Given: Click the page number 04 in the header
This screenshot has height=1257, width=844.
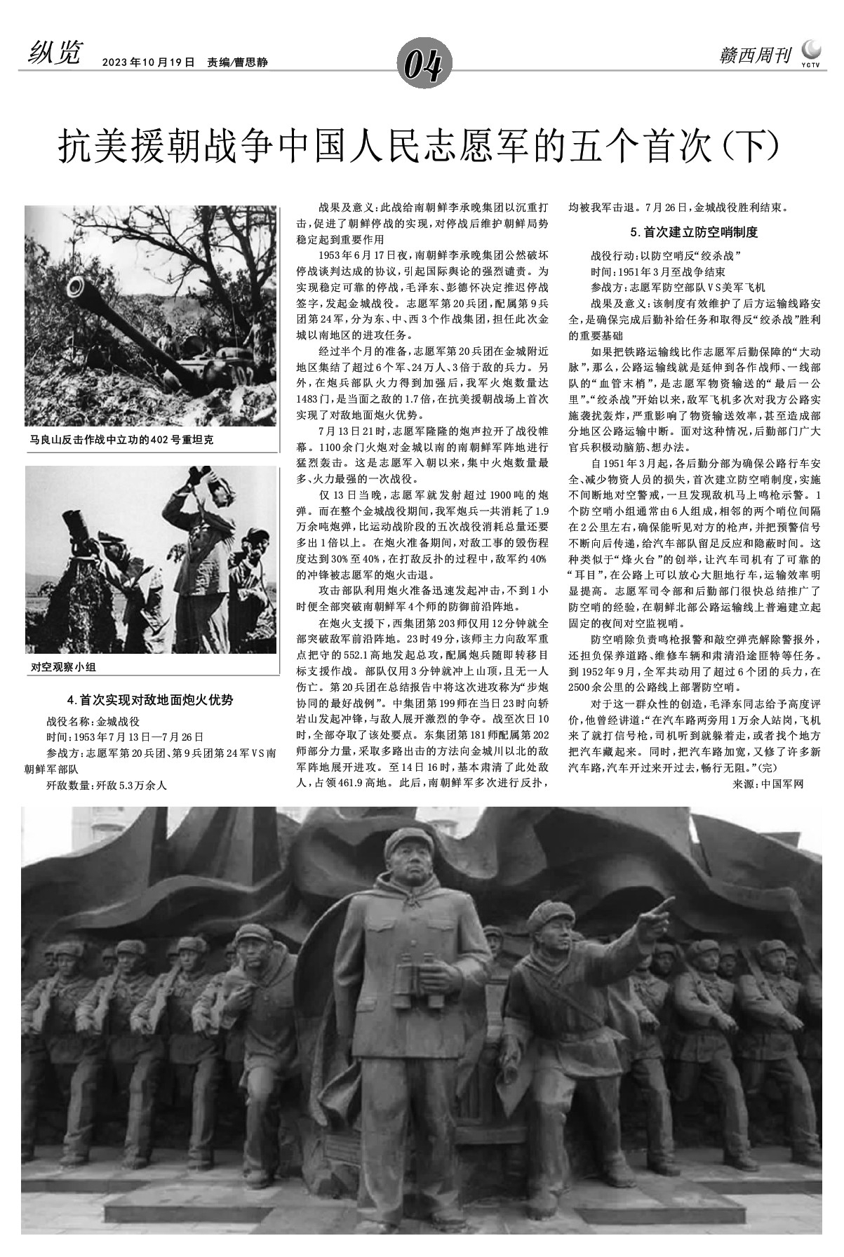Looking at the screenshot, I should click(422, 66).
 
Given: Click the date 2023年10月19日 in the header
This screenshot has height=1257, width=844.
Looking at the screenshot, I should click(148, 62).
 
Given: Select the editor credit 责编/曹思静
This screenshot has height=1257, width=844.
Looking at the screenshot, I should click(237, 62).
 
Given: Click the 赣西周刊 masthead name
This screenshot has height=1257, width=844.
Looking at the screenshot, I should click(755, 56).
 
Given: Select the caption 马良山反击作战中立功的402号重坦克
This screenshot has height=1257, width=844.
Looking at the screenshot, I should click(121, 440).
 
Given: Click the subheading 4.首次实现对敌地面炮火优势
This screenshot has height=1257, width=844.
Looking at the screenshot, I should click(150, 699).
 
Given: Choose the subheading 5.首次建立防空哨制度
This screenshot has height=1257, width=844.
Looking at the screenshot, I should click(694, 231).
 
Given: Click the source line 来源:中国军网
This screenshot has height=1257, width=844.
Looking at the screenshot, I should click(768, 784).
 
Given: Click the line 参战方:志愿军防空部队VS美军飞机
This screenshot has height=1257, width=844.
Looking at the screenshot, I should click(678, 288).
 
